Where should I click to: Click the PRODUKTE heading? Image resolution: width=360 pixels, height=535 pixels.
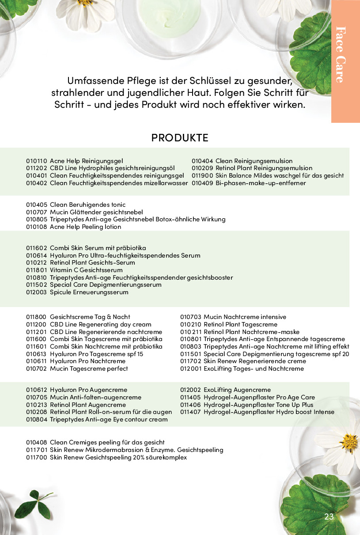[180, 137]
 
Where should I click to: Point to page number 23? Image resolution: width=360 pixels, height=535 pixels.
[329, 517]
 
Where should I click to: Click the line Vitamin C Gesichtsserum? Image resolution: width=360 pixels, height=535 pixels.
[86, 270]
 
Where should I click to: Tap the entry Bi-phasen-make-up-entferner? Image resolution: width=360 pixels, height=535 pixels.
[261, 183]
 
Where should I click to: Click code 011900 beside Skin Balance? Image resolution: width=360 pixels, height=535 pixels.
[202, 175]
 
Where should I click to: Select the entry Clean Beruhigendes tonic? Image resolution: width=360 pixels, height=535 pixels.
[87, 205]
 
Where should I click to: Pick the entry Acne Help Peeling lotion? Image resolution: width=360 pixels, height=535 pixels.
[85, 227]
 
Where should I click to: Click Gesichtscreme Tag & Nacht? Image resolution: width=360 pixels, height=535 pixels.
[90, 317]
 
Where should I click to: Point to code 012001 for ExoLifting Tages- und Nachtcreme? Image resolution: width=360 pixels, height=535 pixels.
[190, 368]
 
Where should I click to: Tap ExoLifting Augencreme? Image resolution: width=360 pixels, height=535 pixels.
[237, 390]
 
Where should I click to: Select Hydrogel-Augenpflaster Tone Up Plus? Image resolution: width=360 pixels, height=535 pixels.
[258, 405]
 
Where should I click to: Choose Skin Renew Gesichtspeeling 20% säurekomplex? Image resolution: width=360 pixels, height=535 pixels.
[118, 457]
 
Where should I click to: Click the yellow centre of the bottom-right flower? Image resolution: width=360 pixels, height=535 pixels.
[349, 442]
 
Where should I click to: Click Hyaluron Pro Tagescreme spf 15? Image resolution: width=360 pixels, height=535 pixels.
[96, 354]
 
